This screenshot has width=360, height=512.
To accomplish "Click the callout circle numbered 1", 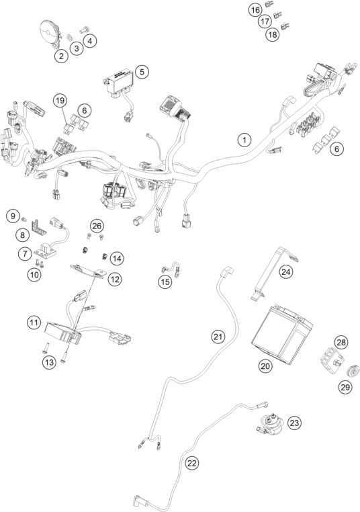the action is pyautogui.click(x=244, y=140).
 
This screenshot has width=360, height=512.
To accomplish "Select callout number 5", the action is pyautogui.click(x=142, y=72).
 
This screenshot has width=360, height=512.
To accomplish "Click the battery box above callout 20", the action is pyautogui.click(x=281, y=334).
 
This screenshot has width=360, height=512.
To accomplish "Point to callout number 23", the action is pyautogui.click(x=294, y=423).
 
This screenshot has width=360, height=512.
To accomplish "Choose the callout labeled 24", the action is pyautogui.click(x=286, y=271).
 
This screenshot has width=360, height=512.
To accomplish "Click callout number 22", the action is pyautogui.click(x=192, y=463).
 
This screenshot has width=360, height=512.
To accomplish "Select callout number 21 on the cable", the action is pyautogui.click(x=218, y=336).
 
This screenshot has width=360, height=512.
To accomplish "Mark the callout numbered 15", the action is pyautogui.click(x=165, y=282).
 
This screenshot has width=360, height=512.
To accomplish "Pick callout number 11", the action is pyautogui.click(x=34, y=323).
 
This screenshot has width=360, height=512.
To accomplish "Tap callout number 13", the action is pyautogui.click(x=49, y=362).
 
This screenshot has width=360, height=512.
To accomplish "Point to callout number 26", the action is pyautogui.click(x=97, y=226).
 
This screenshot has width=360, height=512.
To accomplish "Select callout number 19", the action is pyautogui.click(x=60, y=101).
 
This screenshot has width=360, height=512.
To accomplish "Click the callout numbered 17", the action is pyautogui.click(x=265, y=22).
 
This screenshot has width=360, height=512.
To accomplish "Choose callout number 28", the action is pyautogui.click(x=341, y=343).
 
